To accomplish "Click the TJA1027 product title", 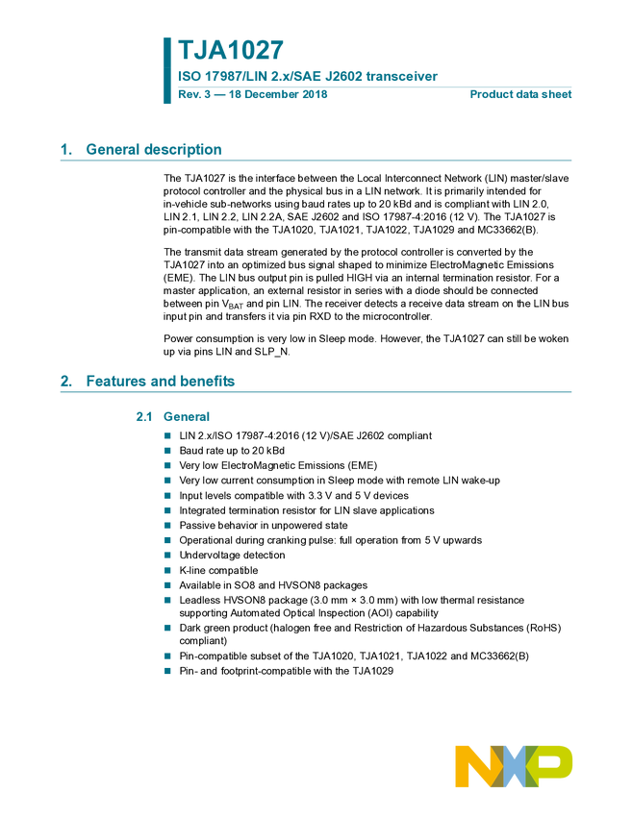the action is pos(231,50).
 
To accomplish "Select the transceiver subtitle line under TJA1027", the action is pos(308,78).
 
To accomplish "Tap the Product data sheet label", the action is pos(521,94).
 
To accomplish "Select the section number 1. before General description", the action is pos(65,150).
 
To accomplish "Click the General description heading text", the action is pos(154,150).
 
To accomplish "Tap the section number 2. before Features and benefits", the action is pos(65,383).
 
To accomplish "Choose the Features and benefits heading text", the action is pos(161,383).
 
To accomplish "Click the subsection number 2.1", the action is pos(143,418).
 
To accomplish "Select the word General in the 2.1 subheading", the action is pos(187,418).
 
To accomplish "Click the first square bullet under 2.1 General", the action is pos(166,435).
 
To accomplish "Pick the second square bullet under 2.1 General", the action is pos(166,450).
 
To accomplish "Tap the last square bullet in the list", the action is pos(166,671).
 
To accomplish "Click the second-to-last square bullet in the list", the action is pos(166,656).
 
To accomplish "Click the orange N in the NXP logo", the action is pos(474,766).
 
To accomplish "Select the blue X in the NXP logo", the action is pos(515,766).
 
